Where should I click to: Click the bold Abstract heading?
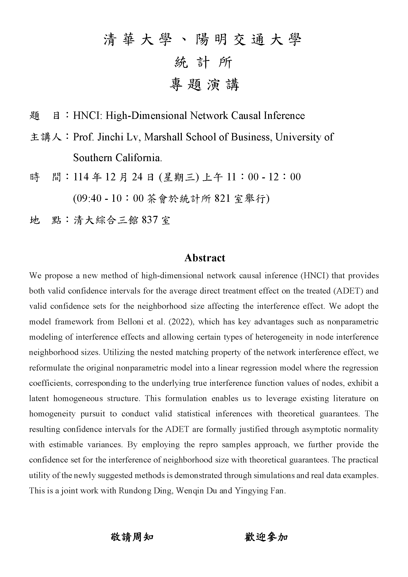point(204,258)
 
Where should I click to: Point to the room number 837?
point(150,220)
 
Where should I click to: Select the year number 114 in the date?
point(81,177)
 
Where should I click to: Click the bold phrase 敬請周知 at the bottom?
point(132,537)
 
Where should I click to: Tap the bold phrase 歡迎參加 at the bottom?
point(266,537)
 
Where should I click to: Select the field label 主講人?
point(46,137)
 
